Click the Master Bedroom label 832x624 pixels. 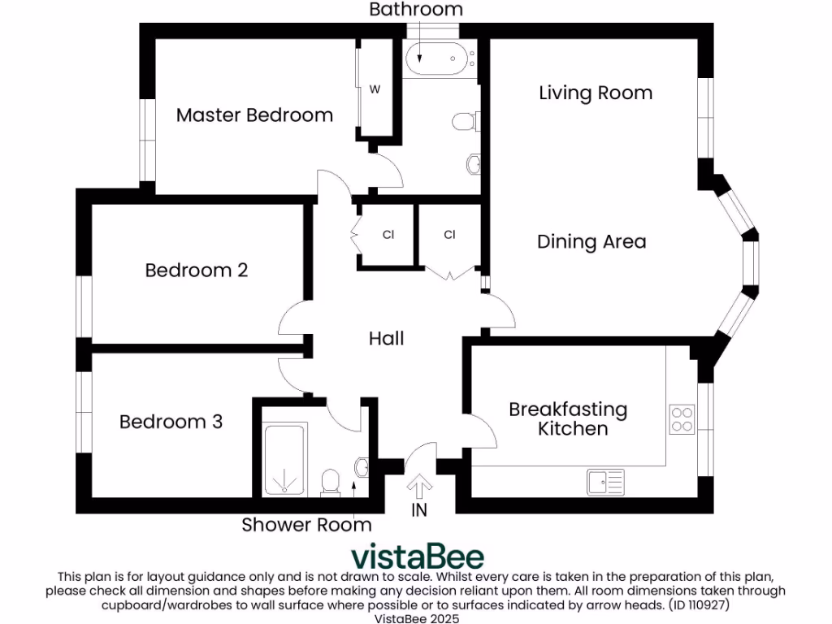tap(254, 115)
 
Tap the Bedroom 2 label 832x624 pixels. tap(196, 270)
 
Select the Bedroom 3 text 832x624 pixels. tap(171, 422)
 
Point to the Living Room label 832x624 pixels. tap(596, 93)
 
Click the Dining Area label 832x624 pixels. tap(591, 241)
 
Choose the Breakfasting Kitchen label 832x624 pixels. tap(568, 418)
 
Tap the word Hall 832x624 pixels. tap(386, 338)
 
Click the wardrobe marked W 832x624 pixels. tap(375, 89)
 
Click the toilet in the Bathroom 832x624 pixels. tap(464, 122)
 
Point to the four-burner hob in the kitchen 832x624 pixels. tap(682, 418)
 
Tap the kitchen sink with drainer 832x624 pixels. tap(604, 482)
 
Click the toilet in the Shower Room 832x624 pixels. tap(331, 482)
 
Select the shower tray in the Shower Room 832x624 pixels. tap(284, 460)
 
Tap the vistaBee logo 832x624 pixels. tap(417, 557)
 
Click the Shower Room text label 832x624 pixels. tap(306, 525)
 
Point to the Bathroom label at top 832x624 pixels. tap(416, 10)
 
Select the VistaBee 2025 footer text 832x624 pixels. tap(416, 618)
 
